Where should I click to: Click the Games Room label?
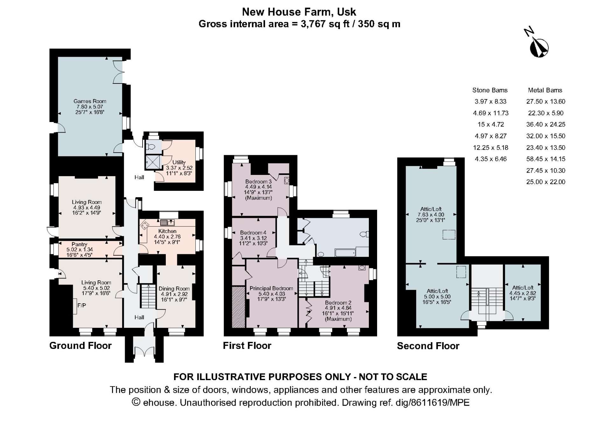pos(90,101)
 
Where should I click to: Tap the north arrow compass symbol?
pos(538,47)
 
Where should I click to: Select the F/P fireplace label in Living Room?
pos(82,306)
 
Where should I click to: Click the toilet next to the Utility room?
pos(151,147)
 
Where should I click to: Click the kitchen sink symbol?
pos(167,222)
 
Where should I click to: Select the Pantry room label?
pos(79,244)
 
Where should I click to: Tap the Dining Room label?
pos(174,289)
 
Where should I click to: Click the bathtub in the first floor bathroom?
pos(345,253)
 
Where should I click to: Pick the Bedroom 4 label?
pos(253,233)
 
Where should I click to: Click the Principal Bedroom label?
pos(271,288)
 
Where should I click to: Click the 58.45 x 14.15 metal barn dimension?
pos(545,159)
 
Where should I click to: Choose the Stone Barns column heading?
pos(490,90)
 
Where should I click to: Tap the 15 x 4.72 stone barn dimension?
pos(490,125)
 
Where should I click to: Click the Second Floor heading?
pos(428,346)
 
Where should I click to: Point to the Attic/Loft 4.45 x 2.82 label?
pos(523,288)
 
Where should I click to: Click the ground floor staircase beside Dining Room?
pos(148,296)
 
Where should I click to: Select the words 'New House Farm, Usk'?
pos(299,12)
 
